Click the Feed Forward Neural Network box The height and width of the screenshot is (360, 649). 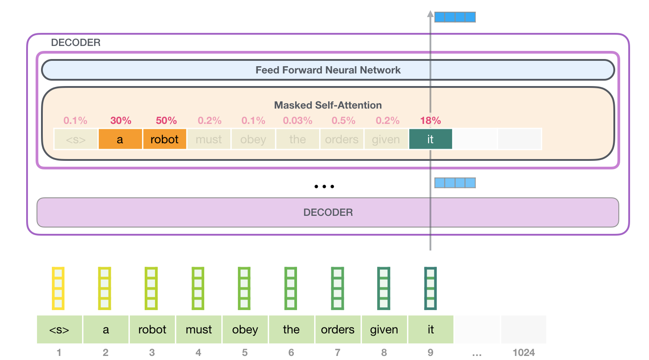point(328,70)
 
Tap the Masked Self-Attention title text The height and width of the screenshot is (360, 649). point(328,105)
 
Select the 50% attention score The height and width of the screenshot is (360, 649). point(166,121)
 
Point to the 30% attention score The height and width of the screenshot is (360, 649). point(120,121)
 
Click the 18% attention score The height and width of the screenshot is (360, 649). point(430,121)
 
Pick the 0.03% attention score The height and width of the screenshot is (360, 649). point(297,121)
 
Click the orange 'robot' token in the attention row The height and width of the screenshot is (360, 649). point(165,140)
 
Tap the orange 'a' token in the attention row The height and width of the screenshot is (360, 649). point(120,140)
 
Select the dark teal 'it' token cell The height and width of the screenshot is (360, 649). point(430,140)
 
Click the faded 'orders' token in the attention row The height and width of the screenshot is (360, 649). point(342,140)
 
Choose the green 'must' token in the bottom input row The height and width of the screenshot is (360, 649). point(199,330)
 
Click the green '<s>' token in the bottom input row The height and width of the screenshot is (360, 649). point(59,330)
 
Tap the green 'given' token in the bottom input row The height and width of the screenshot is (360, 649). point(384,330)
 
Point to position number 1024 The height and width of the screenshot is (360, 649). point(524,352)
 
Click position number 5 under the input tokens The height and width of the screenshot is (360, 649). point(245,352)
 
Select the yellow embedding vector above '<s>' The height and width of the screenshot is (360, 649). point(58,288)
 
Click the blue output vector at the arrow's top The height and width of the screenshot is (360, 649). point(455,18)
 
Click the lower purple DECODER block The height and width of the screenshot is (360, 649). point(328,212)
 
